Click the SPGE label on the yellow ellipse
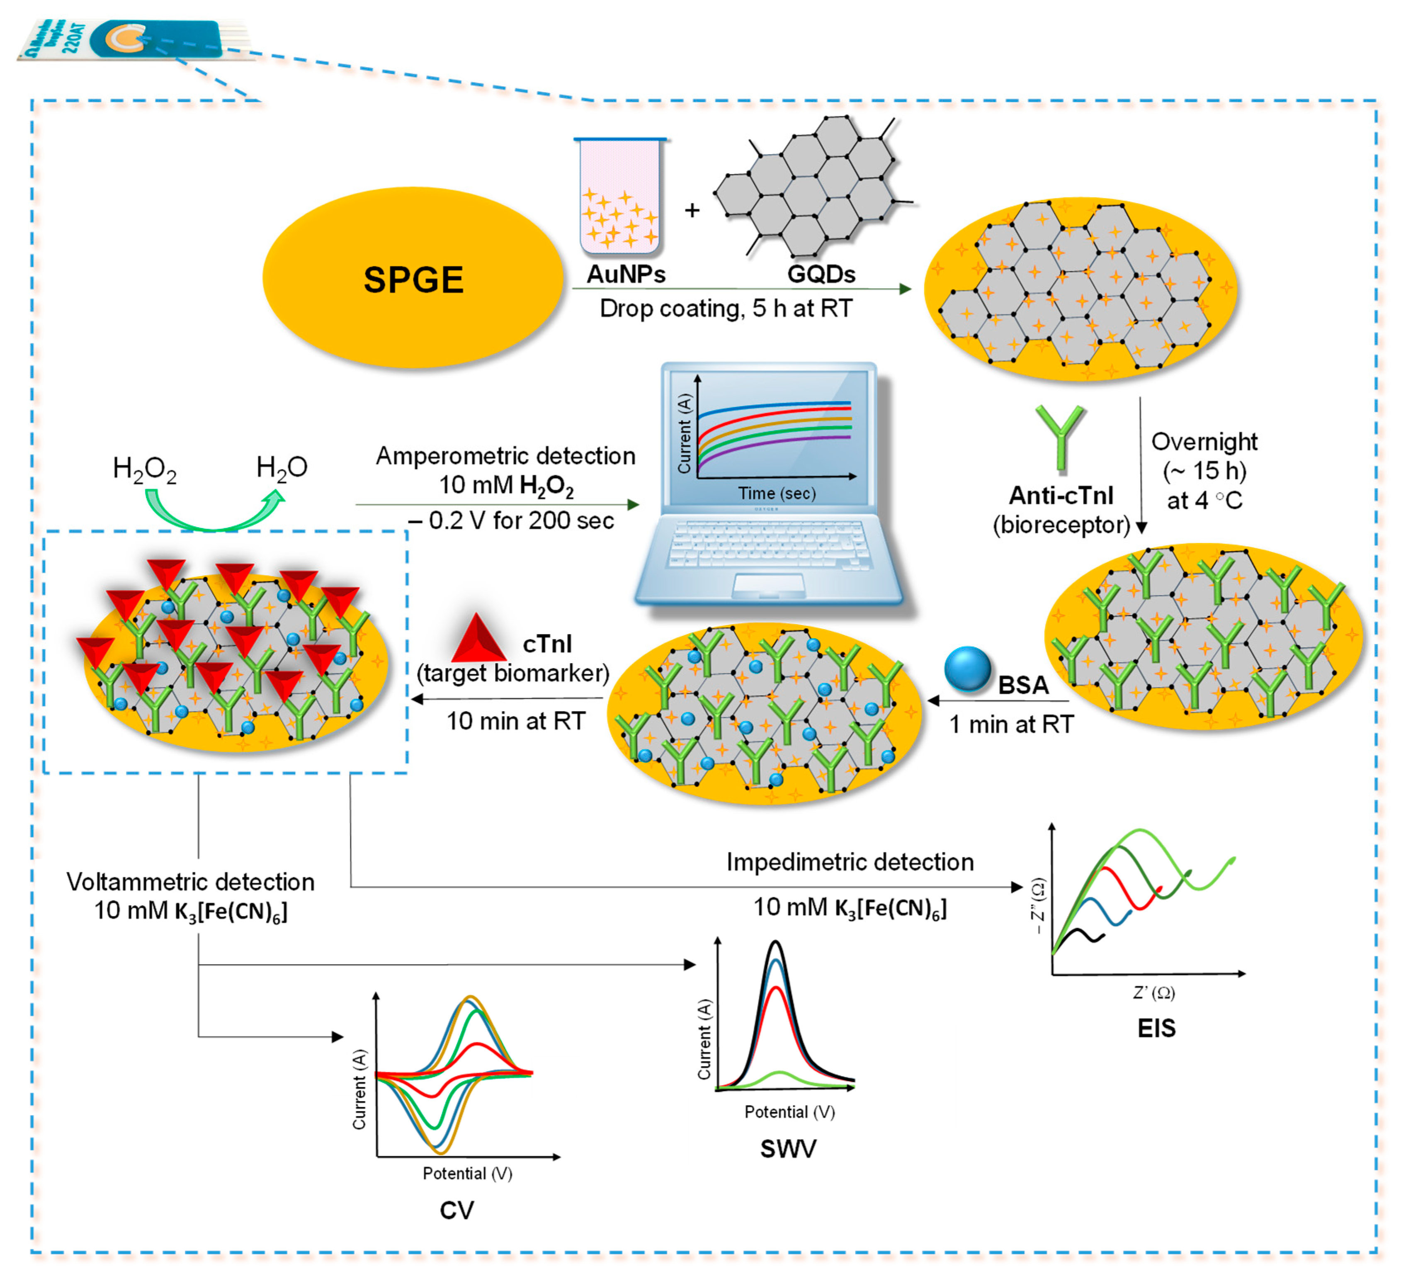tap(413, 280)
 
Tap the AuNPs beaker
tap(619, 198)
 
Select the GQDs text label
tap(821, 274)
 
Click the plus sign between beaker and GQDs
tap(692, 210)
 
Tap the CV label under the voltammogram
tap(456, 1210)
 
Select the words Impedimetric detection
tap(850, 862)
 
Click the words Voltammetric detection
tap(190, 882)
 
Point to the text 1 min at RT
tap(1011, 724)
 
